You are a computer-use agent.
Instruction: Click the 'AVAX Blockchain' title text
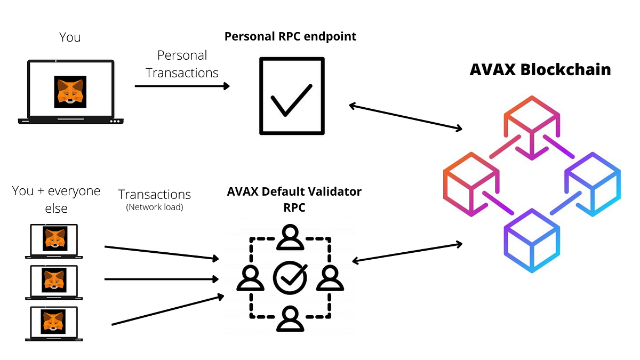pyautogui.click(x=540, y=70)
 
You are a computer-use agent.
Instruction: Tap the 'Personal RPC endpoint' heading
pyautogui.click(x=290, y=36)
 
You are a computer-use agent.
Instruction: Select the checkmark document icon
pyautogui.click(x=291, y=96)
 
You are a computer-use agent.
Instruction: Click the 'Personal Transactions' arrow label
pyautogui.click(x=182, y=64)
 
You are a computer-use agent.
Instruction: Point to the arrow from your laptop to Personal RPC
pyautogui.click(x=181, y=85)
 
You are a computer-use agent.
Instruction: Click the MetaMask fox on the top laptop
pyautogui.click(x=70, y=92)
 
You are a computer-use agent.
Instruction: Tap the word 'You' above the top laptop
pyautogui.click(x=70, y=38)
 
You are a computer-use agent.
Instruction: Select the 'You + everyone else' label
pyautogui.click(x=56, y=199)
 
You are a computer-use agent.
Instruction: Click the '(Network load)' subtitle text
pyautogui.click(x=155, y=207)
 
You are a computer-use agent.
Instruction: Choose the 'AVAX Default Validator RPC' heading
pyautogui.click(x=294, y=199)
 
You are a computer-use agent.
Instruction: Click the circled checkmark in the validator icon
pyautogui.click(x=290, y=277)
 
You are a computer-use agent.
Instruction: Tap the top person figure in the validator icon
pyautogui.click(x=290, y=237)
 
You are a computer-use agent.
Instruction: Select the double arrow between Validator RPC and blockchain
pyautogui.click(x=407, y=252)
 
